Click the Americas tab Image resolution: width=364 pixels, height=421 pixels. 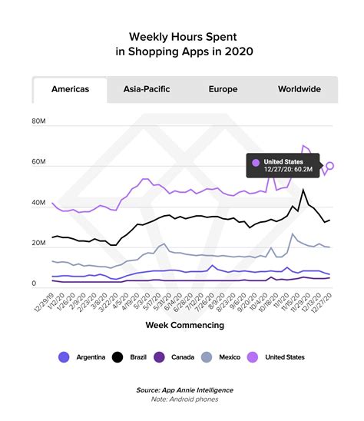coord(70,89)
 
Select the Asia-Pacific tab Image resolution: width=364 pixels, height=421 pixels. coord(147,89)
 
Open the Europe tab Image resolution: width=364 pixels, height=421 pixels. coord(223,89)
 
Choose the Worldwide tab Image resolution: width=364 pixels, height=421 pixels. coord(299,89)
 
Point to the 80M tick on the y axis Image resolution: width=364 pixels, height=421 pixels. coord(39,122)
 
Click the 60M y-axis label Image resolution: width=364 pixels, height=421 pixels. coord(39,163)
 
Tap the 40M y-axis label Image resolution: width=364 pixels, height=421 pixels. coord(39,204)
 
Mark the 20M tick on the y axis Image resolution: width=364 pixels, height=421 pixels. coord(39,244)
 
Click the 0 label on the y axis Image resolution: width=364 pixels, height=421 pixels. coord(34,283)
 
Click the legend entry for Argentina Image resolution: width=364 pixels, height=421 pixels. coord(81,356)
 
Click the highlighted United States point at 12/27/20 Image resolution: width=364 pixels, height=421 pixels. coord(330,165)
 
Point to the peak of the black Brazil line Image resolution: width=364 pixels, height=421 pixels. coord(303,190)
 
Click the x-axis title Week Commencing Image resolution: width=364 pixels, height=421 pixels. coord(184,325)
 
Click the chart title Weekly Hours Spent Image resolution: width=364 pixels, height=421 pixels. coord(182,36)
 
